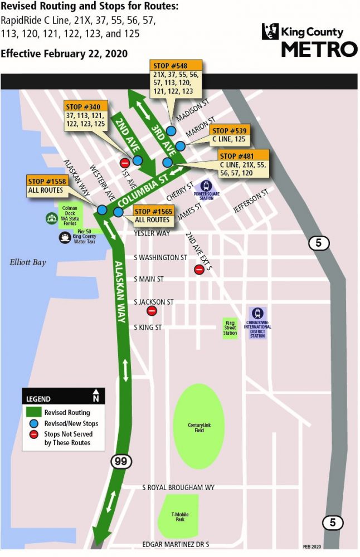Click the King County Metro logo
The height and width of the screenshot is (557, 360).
309,40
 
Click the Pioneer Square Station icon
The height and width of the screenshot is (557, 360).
207,186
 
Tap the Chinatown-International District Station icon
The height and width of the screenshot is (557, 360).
257,314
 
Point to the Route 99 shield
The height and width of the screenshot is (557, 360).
119,461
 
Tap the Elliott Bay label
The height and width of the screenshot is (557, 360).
27,262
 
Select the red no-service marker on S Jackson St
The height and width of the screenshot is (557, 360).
152,311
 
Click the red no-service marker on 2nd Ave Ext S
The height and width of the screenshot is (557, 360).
199,270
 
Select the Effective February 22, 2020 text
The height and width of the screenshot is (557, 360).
65,53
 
